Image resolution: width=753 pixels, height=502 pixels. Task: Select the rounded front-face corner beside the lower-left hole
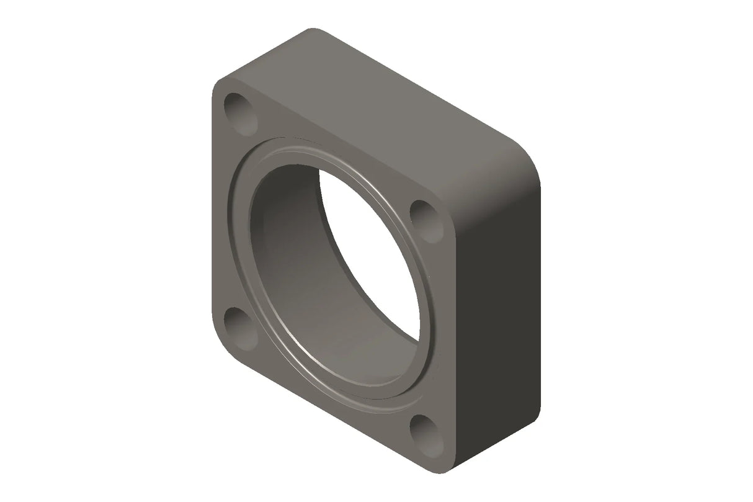pos(218,344)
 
